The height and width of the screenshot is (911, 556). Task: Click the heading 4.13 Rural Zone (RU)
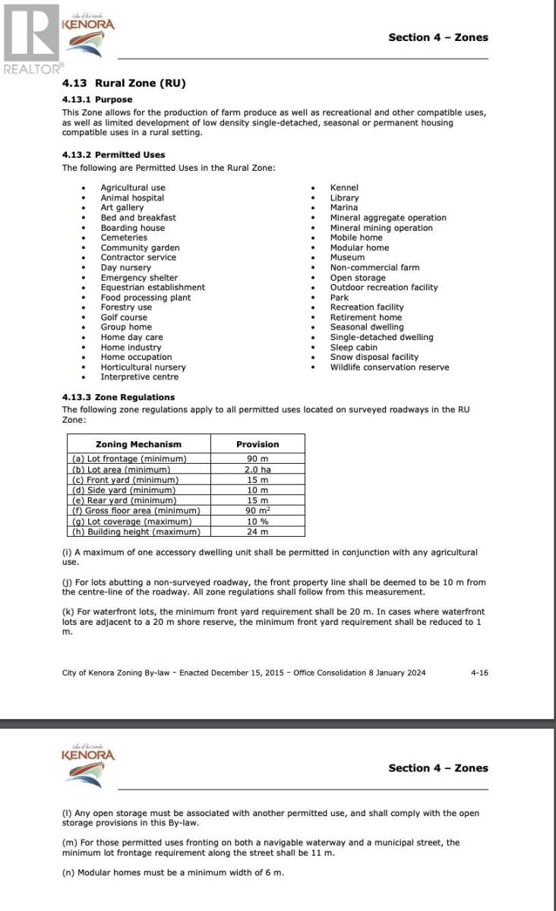tap(123, 84)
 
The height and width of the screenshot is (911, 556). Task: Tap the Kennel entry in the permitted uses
tap(344, 188)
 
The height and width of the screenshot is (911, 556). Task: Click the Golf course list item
tap(124, 317)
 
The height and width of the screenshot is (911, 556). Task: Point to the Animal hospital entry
tap(132, 197)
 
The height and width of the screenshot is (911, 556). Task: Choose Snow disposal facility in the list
tap(374, 357)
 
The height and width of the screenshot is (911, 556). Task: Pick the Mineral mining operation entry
tap(381, 228)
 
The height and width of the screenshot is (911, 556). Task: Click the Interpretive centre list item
tap(140, 377)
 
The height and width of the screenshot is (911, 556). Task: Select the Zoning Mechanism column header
tap(138, 444)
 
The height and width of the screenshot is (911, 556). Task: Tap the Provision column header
tap(257, 444)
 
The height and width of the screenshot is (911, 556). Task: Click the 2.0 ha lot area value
tap(257, 469)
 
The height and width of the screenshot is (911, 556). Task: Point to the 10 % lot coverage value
tap(257, 522)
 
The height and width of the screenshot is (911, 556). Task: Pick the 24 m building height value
tap(257, 532)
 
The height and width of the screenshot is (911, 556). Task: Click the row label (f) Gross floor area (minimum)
tap(135, 511)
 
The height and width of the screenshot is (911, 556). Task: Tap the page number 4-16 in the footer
tap(479, 673)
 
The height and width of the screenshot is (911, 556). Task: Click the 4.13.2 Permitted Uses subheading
tap(113, 155)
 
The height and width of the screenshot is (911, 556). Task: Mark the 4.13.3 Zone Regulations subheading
tap(118, 397)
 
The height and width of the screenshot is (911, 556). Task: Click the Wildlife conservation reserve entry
tap(389, 367)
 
